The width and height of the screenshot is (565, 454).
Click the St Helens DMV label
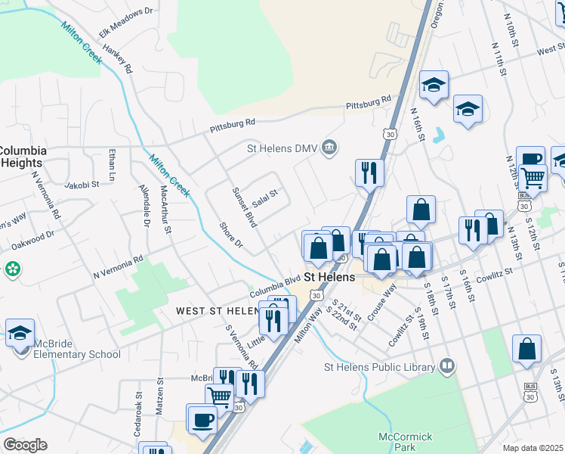point(282,148)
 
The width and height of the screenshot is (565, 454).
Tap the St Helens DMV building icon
point(329,147)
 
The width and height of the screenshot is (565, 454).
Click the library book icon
point(447,367)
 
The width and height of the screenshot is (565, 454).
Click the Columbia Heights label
point(23,157)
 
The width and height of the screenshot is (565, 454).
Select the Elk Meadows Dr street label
point(126,23)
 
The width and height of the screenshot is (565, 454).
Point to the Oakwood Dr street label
point(32,240)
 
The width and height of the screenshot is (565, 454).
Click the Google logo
point(25,445)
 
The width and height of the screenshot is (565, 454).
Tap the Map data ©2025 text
point(533,448)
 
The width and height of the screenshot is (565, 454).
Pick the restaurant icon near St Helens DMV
point(369,173)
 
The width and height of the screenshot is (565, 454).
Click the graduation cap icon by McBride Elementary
point(20,332)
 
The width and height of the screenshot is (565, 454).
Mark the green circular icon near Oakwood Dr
point(12,269)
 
